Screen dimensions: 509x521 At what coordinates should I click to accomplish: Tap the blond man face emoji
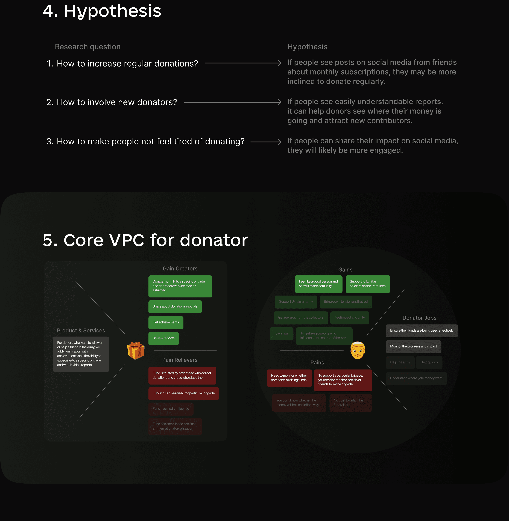[357, 350]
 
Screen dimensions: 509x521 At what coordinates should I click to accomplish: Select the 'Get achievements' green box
[166, 322]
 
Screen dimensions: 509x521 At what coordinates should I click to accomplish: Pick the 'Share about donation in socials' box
[175, 306]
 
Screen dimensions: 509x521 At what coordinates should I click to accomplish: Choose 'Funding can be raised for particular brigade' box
[183, 393]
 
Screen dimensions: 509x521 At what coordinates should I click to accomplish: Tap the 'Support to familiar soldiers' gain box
[368, 284]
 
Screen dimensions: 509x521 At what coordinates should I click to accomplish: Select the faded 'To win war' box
[281, 334]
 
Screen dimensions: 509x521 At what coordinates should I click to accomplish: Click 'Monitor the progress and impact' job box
[413, 347]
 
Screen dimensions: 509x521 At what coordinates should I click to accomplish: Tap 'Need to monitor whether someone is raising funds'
[289, 378]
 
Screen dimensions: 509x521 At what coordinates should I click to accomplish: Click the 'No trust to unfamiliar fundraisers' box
[350, 403]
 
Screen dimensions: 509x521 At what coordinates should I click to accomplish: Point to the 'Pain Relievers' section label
[180, 360]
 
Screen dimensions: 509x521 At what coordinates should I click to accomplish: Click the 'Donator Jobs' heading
[419, 318]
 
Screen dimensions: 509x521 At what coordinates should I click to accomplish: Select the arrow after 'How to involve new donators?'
[233, 102]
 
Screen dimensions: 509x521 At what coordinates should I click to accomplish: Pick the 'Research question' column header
[88, 47]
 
